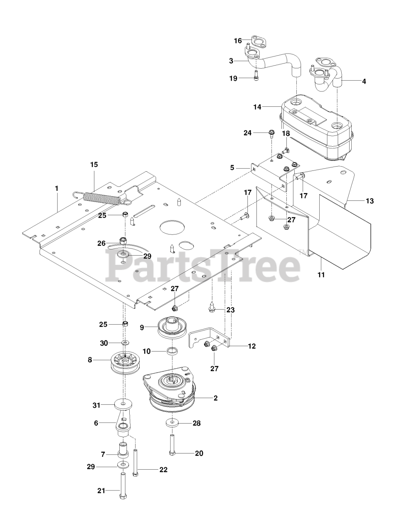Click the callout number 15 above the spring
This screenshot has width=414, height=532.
[x=94, y=165]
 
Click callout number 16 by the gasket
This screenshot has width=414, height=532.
[x=238, y=40]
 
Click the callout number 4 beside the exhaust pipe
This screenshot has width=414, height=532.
[x=364, y=81]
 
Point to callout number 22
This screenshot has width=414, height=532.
[x=163, y=470]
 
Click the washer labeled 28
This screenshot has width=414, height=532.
[x=171, y=424]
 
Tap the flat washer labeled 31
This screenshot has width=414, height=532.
[x=123, y=404]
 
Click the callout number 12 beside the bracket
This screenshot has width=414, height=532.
[x=251, y=346]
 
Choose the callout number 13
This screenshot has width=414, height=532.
[x=369, y=201]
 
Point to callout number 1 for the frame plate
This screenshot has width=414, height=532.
[x=57, y=188]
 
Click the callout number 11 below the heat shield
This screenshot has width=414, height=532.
[x=322, y=275]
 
